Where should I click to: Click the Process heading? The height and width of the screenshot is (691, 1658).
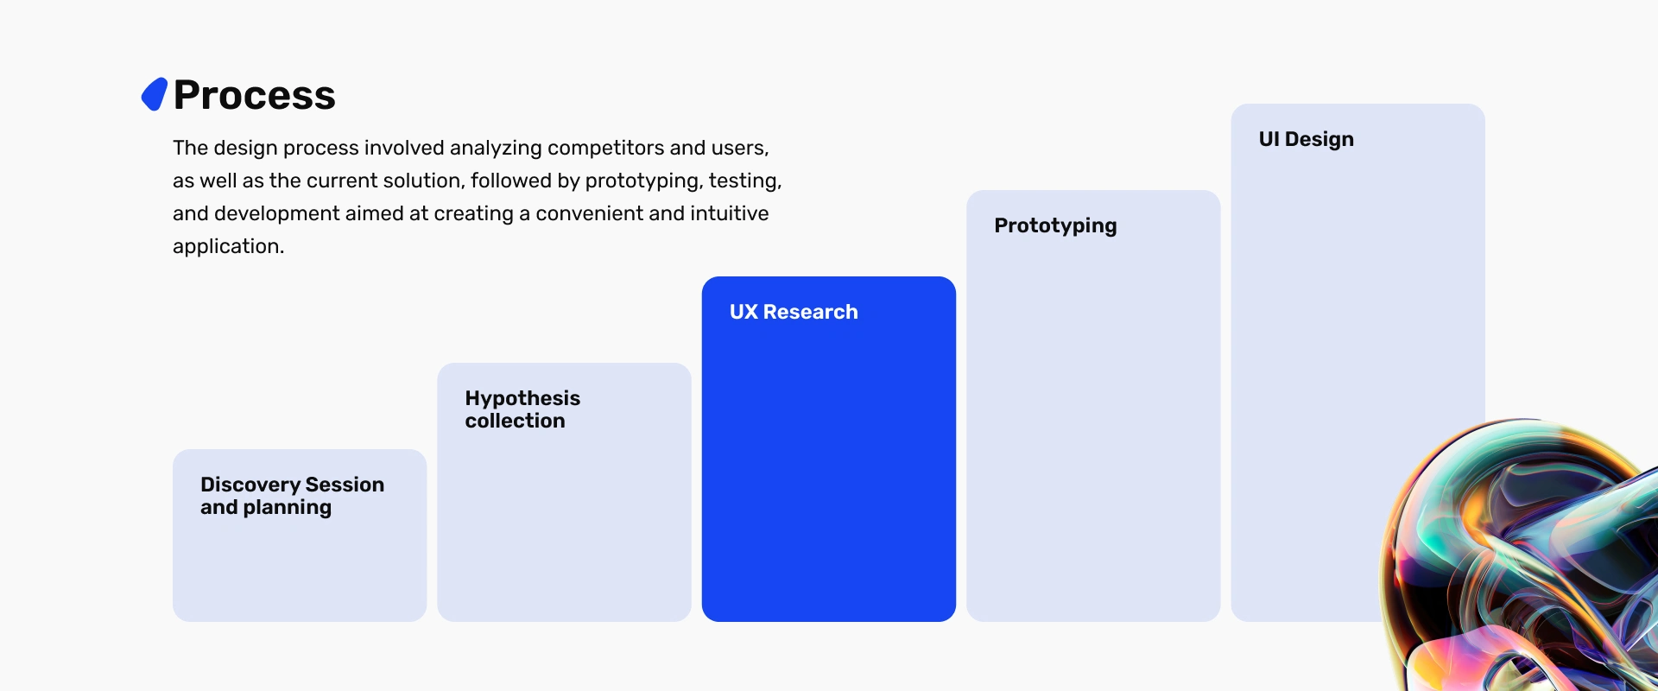pos(254,95)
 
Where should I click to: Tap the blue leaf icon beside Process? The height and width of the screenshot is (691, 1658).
pos(155,94)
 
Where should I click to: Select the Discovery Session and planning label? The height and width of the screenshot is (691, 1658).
pos(292,496)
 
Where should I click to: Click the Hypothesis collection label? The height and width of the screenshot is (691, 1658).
pos(522,409)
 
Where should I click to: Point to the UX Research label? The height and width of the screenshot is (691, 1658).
pos(794,312)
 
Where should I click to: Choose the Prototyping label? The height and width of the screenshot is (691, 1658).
pos(1055,226)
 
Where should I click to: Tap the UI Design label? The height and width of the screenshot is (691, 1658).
pos(1306,140)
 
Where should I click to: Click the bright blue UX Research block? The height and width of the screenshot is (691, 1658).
pos(829,449)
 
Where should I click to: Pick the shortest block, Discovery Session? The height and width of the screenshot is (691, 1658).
pos(300,536)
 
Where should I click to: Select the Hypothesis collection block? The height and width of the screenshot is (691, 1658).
pos(564,492)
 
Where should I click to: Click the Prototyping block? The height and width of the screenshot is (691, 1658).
pos(1093,406)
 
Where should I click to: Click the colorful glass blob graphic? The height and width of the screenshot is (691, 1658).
pos(1524,557)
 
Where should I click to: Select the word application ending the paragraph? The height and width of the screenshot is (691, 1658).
pos(228,247)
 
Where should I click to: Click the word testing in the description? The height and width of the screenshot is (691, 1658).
pos(745,181)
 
